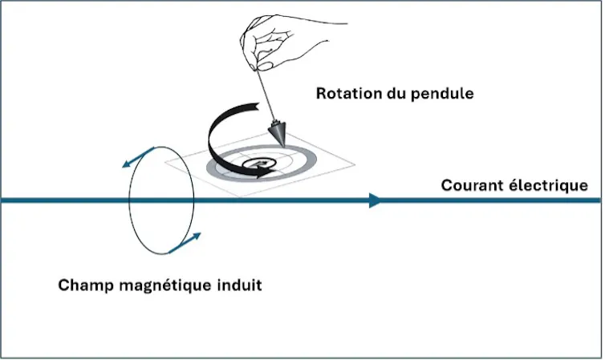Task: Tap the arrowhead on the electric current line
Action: coord(375,200)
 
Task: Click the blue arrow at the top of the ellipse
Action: coord(138,157)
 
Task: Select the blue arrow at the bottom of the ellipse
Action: coord(185,243)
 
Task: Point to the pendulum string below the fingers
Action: coord(265,95)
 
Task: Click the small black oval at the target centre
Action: coord(256,164)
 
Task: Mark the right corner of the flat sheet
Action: coord(355,165)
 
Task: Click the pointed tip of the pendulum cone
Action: coord(285,147)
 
